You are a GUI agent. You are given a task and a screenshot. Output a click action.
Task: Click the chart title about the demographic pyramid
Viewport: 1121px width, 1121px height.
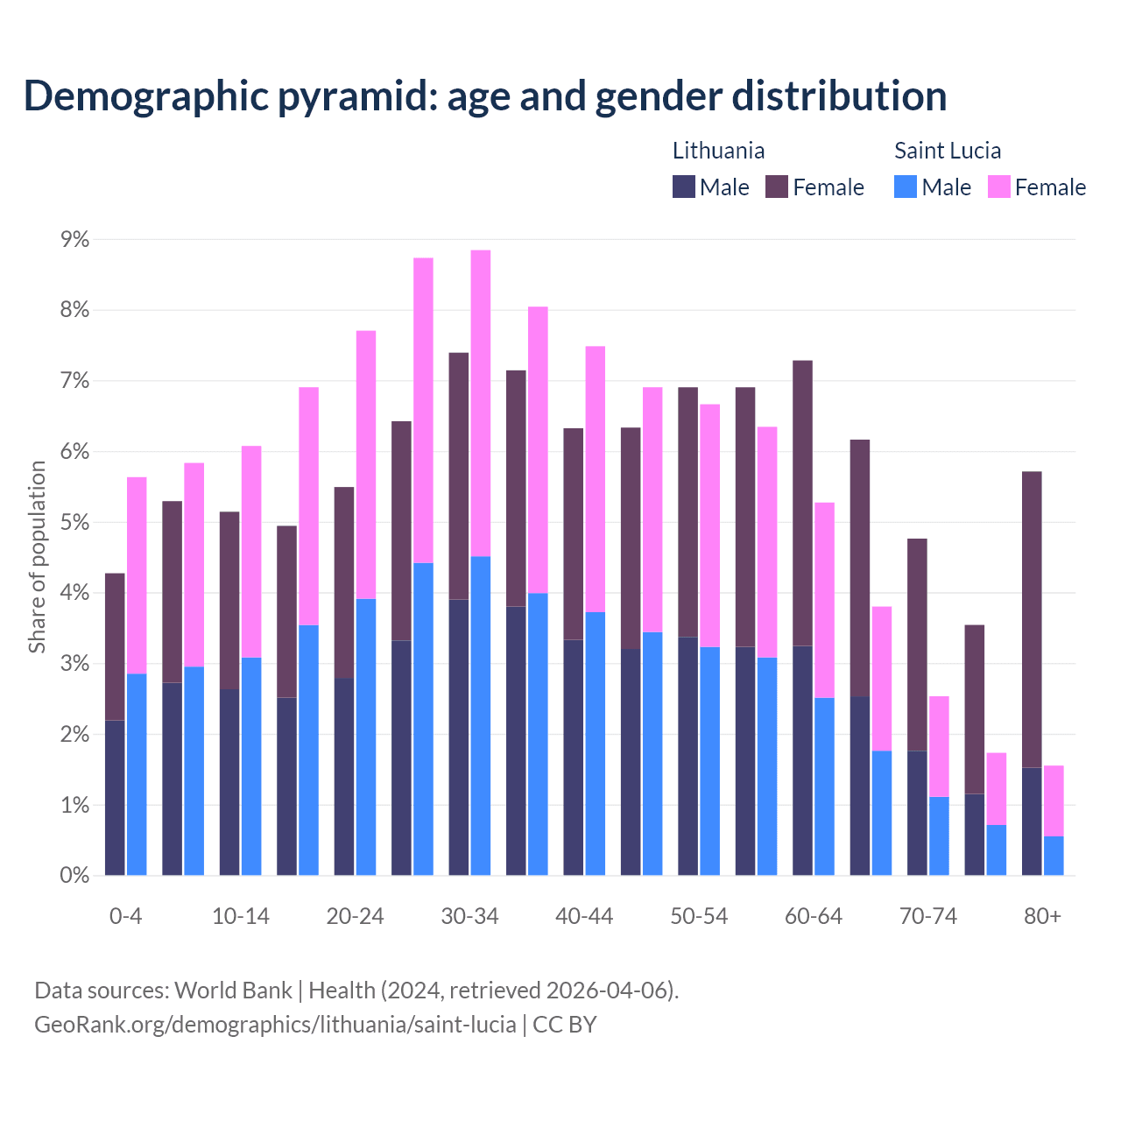tap(485, 95)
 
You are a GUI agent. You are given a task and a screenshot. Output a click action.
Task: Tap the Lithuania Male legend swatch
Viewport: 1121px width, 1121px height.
tap(684, 187)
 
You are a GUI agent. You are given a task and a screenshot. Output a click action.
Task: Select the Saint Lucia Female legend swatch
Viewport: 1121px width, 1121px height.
tap(998, 187)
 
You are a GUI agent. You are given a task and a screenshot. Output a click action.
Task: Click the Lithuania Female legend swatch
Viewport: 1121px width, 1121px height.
tap(777, 187)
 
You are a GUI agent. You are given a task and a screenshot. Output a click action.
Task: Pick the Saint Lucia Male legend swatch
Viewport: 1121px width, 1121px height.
tap(906, 187)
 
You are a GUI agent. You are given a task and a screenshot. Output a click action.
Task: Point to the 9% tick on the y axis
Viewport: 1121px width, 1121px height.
tap(74, 239)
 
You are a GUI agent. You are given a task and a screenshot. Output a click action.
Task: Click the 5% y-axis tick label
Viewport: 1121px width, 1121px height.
tap(74, 523)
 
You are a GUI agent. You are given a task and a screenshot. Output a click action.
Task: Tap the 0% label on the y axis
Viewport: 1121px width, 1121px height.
tap(74, 875)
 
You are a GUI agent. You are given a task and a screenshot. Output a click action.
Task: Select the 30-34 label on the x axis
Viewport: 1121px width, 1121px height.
tap(469, 916)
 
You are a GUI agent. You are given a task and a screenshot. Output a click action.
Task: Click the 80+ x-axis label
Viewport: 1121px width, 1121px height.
tap(1042, 916)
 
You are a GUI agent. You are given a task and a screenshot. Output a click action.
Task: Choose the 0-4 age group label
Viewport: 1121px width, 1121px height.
tap(125, 916)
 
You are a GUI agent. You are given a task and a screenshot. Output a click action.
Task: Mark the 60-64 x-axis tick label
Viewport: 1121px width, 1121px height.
tap(813, 916)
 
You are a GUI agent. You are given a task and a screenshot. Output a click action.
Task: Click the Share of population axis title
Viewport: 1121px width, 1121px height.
tap(38, 557)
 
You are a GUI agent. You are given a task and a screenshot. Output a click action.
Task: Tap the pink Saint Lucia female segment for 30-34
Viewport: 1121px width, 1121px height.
tap(481, 403)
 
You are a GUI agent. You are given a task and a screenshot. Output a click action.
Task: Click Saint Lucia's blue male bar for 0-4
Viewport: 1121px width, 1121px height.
tap(137, 774)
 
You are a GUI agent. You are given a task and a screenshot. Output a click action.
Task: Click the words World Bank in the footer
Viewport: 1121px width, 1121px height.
tap(233, 991)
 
